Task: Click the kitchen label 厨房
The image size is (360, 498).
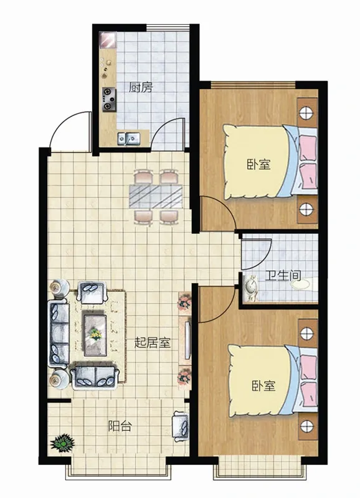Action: pos(140,87)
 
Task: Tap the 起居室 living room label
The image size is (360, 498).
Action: pos(153,342)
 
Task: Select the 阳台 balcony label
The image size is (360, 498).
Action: pos(120,426)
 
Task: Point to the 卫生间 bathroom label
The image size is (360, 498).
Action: pos(283,275)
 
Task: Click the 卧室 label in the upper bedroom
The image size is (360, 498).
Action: pos(258,164)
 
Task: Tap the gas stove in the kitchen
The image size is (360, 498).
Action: pos(108,100)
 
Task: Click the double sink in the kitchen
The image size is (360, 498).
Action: pos(129,138)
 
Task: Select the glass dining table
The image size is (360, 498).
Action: pos(156,196)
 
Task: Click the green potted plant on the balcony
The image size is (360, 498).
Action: pos(62,443)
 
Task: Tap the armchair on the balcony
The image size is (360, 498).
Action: pos(181,426)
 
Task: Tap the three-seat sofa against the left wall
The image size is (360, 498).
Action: pos(59,334)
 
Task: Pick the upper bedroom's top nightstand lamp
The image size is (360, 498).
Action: pos(306,112)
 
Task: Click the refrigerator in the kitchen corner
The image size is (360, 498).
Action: pos(107,40)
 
